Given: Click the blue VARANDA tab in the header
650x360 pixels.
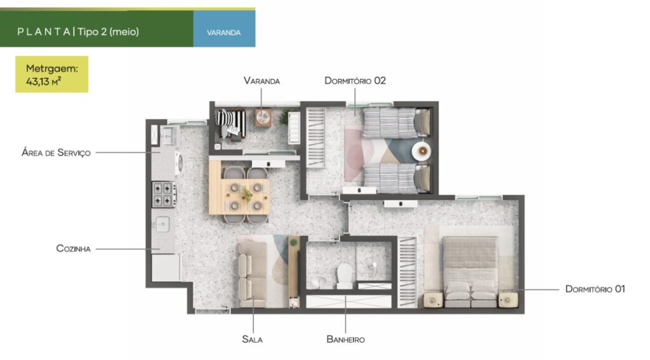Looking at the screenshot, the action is click(x=224, y=29).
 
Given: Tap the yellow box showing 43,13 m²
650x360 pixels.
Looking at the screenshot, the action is click(x=52, y=74).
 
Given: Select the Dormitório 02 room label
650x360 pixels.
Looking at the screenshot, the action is click(x=355, y=81).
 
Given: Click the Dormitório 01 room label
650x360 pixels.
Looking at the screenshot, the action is click(x=595, y=289).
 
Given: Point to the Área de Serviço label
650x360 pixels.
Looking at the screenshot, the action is click(x=56, y=152).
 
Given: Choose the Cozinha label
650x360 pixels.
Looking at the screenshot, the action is click(x=74, y=249).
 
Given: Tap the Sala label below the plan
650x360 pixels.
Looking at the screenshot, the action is click(x=252, y=339).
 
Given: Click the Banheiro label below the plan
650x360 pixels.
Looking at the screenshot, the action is click(x=346, y=339).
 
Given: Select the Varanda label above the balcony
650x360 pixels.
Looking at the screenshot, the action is click(x=262, y=81).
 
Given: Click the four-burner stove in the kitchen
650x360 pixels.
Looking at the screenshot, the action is click(x=164, y=194).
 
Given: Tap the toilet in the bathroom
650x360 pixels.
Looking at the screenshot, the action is click(x=345, y=276).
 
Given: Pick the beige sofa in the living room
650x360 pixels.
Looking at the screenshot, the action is click(x=252, y=274).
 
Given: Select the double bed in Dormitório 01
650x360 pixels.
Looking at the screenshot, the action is click(x=470, y=272).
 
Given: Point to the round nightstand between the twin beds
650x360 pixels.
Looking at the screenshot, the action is click(x=421, y=151).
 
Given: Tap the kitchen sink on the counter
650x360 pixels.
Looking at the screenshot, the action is click(x=162, y=224).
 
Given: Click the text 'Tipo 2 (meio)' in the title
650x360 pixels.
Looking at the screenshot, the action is click(x=108, y=32).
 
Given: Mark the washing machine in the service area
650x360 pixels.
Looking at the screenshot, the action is click(x=178, y=163).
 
